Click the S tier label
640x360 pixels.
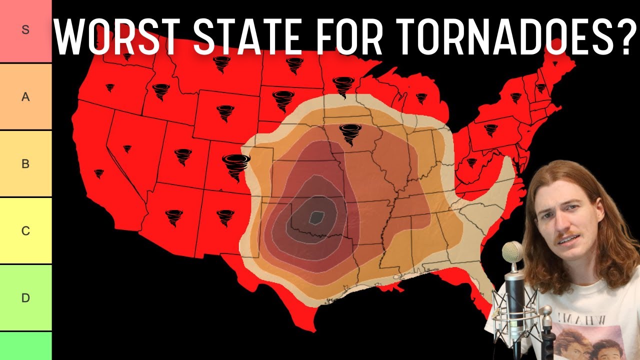tap(25, 30)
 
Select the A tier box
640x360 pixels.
tap(25, 97)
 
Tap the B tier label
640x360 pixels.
tap(25, 164)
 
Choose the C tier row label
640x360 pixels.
tap(25, 231)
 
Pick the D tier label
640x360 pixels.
tap(25, 298)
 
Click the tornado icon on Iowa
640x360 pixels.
tap(350, 134)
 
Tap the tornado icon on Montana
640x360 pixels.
tap(221, 64)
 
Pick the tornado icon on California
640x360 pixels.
tap(99, 173)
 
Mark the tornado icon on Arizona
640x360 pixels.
tap(174, 217)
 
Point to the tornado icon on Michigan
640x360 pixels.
tap(421, 97)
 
